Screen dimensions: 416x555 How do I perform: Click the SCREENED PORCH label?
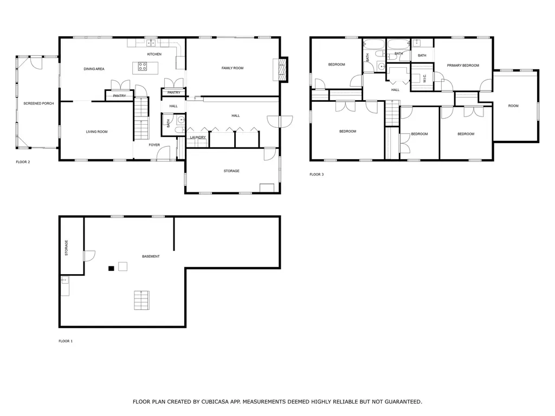click(x=38, y=103)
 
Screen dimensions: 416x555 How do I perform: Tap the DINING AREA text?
click(x=94, y=69)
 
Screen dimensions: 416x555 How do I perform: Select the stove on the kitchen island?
click(x=143, y=67)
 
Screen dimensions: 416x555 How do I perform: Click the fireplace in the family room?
click(x=281, y=69)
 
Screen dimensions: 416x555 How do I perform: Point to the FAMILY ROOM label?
click(x=233, y=68)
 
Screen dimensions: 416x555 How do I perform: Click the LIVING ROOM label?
click(x=97, y=132)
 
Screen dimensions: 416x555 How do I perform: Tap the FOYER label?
click(x=154, y=145)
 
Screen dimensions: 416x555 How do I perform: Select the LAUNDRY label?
click(x=198, y=137)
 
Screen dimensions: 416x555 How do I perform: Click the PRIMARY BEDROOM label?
click(x=463, y=66)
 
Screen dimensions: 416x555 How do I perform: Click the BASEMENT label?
click(x=151, y=256)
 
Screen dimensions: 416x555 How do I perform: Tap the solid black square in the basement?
click(x=111, y=268)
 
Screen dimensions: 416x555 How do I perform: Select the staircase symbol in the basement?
click(x=142, y=300)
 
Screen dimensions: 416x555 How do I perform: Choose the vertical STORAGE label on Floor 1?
click(x=67, y=248)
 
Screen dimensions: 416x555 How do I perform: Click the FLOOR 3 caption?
click(x=317, y=174)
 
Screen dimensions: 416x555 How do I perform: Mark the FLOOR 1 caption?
click(x=66, y=341)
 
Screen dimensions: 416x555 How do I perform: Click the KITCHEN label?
click(x=154, y=55)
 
